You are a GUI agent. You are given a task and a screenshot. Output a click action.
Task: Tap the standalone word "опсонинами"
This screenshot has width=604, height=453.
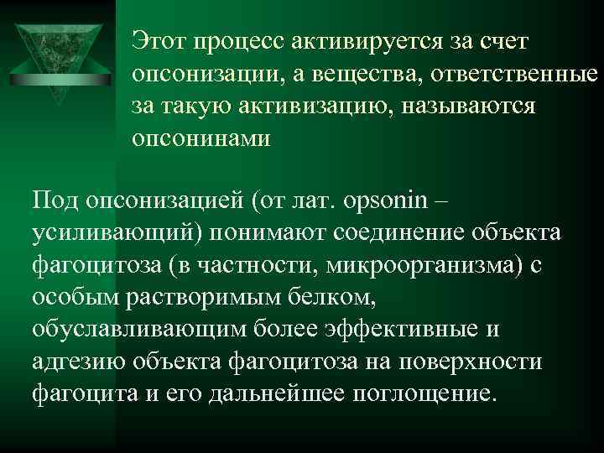click(201, 138)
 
